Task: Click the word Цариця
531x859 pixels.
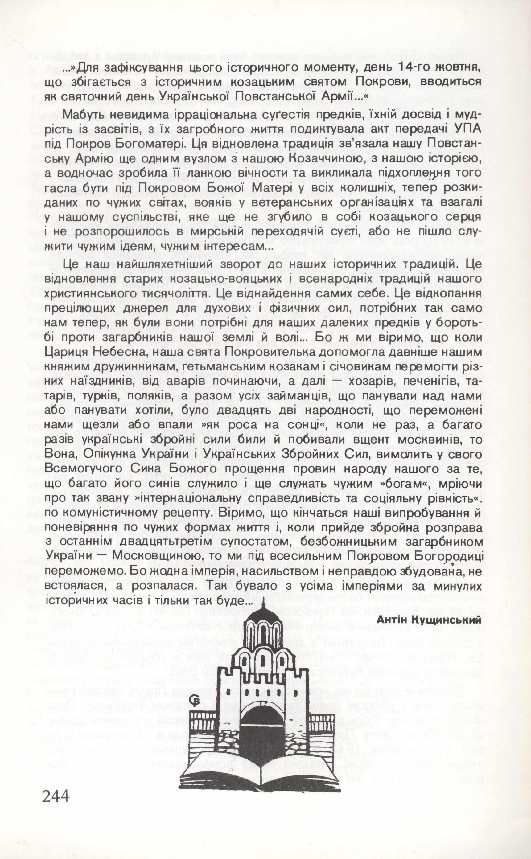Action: click(67, 352)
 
